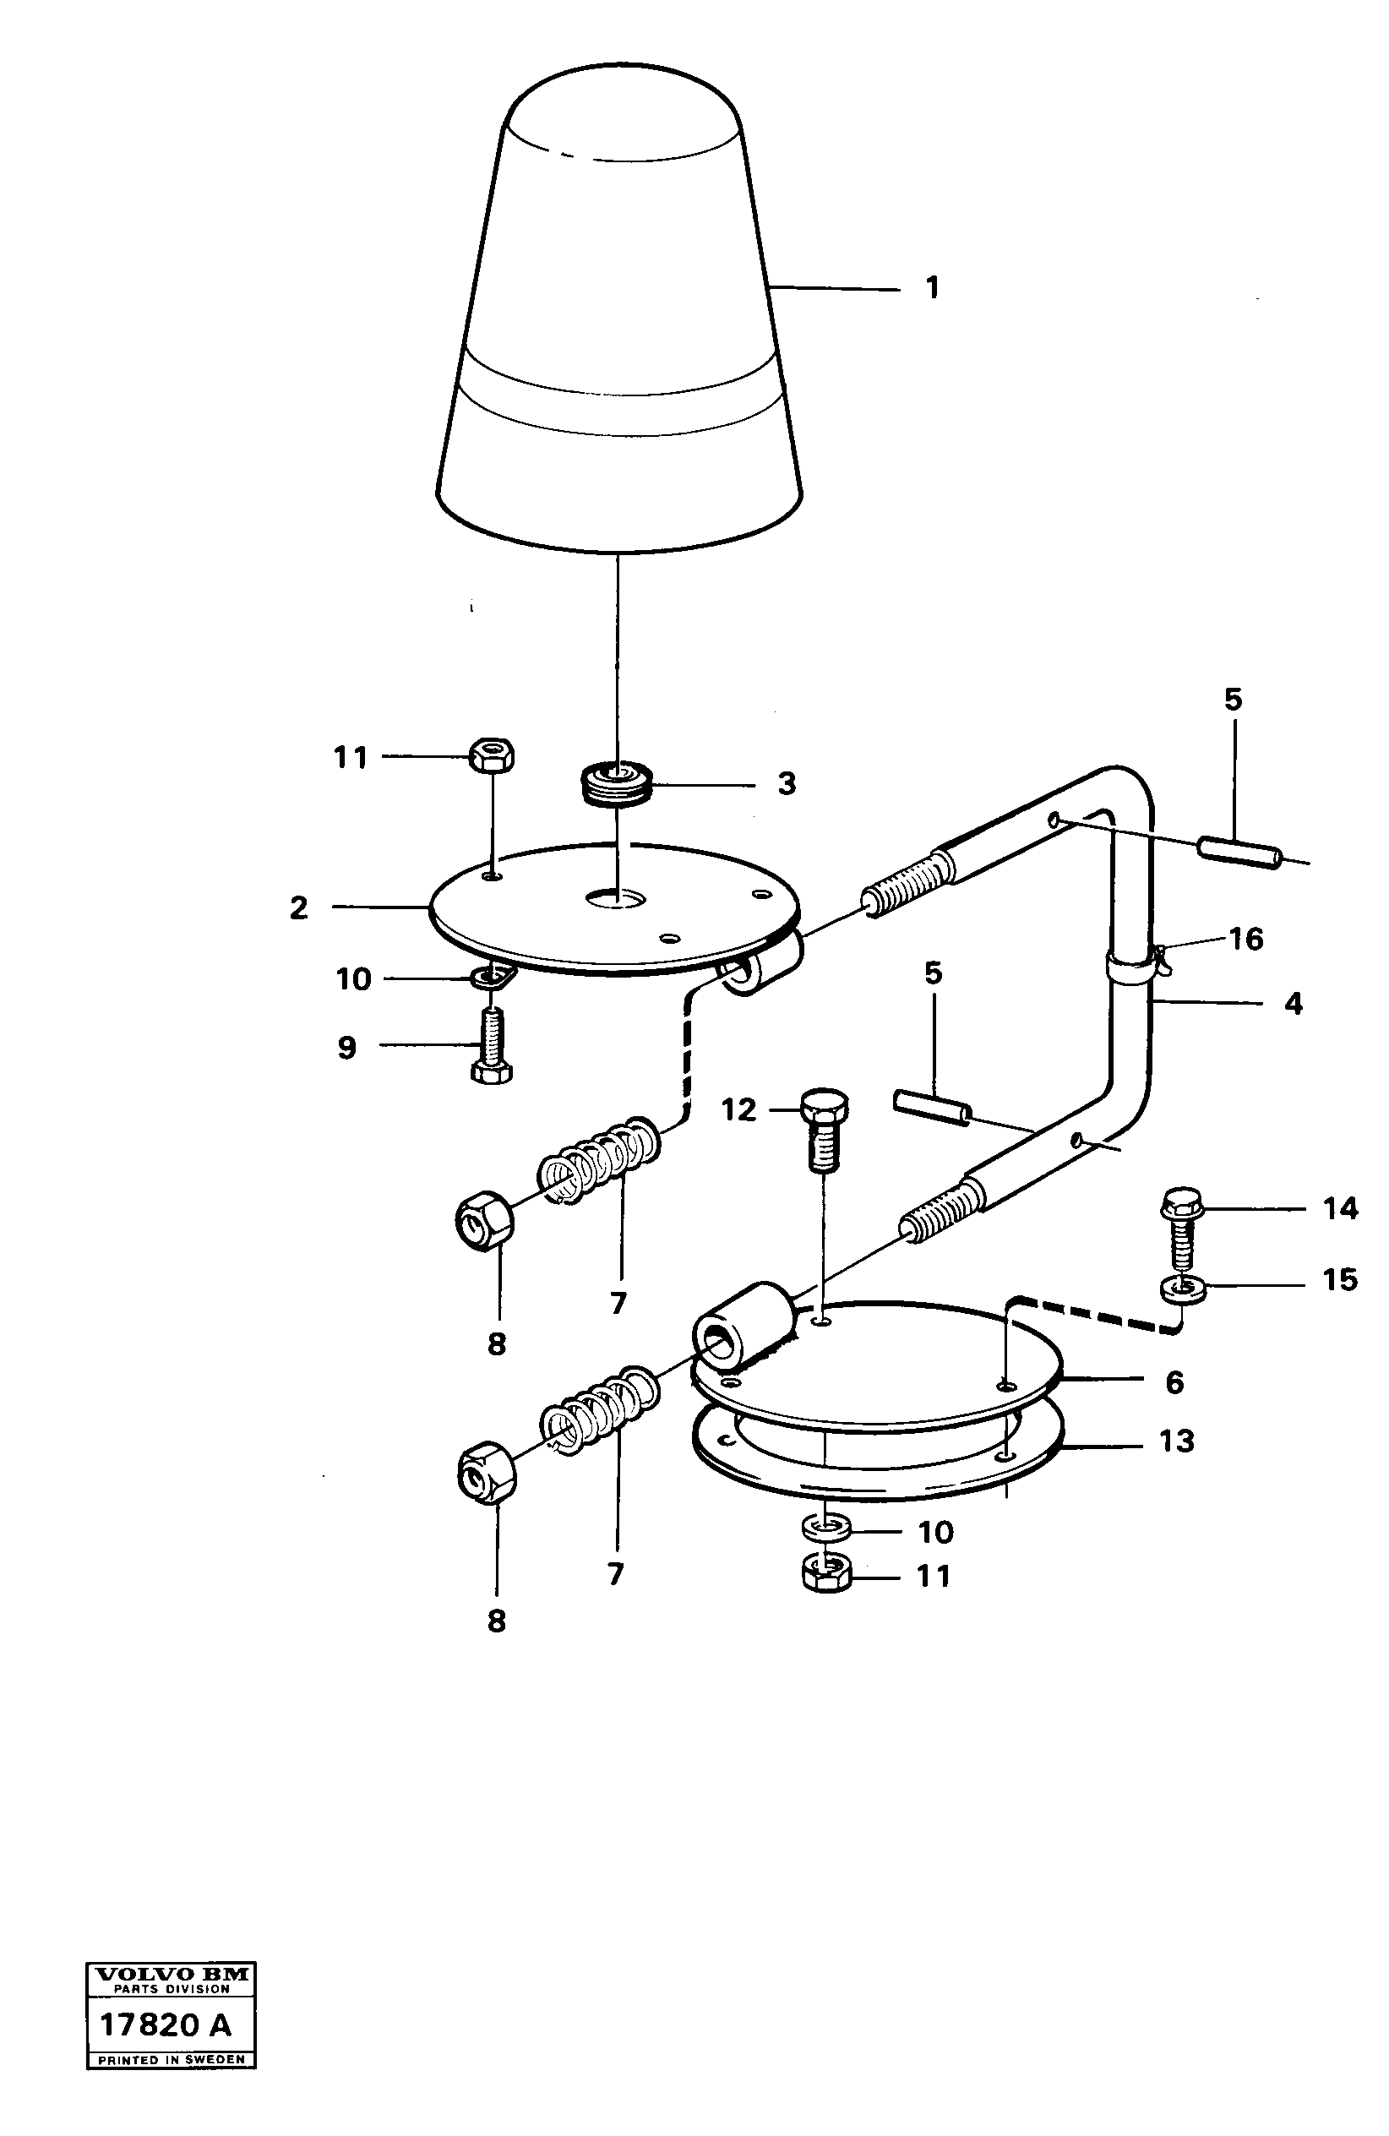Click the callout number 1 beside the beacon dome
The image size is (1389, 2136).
932,288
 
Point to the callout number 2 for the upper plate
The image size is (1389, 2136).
299,907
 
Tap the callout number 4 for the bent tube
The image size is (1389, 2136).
1292,1004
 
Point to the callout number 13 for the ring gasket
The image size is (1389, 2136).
1176,1441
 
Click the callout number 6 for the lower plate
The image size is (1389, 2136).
1174,1382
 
